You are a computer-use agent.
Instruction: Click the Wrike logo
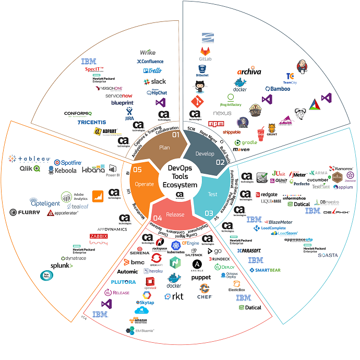pos(148,52)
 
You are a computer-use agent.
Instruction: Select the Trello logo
pos(152,70)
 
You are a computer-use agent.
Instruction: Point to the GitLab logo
pos(205,53)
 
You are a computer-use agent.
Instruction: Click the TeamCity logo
pos(291,79)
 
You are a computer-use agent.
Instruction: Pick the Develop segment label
pos(205,154)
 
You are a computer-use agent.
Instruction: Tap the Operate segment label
pos(144,184)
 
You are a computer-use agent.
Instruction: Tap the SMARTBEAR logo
pos(265,270)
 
